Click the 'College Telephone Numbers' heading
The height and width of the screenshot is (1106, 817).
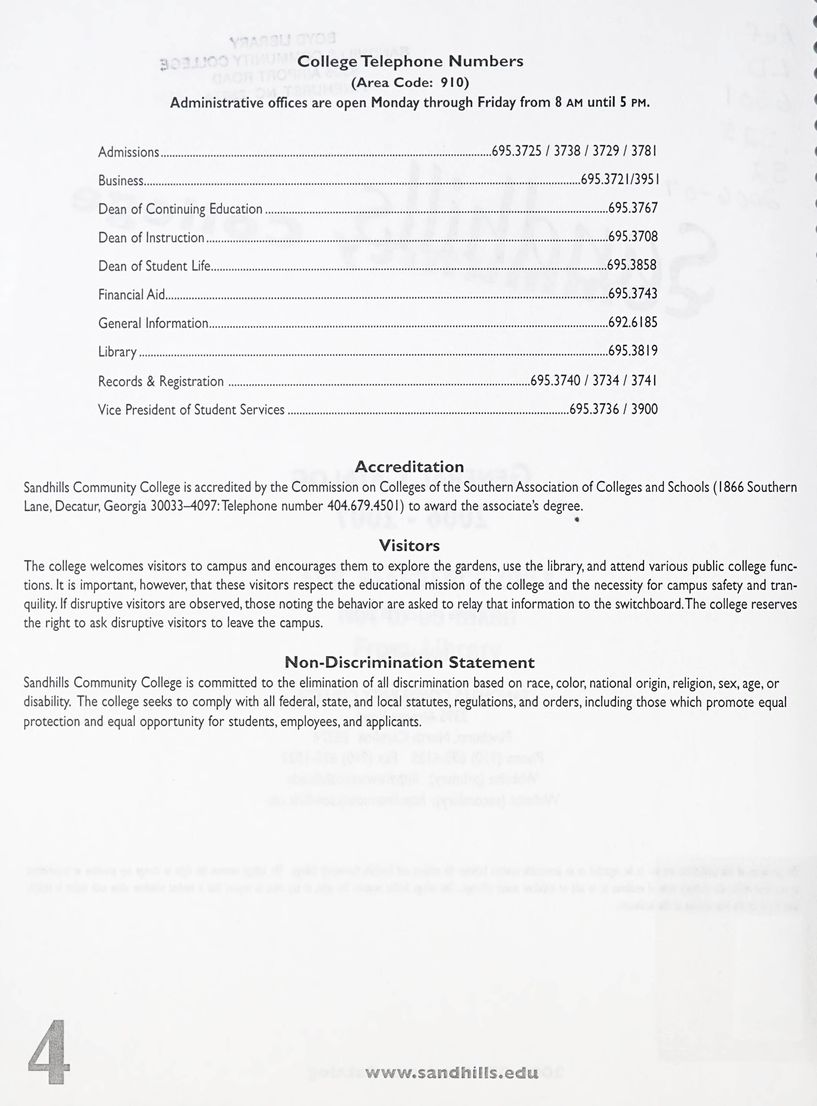point(410,61)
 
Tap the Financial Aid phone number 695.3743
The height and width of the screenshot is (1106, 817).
point(633,294)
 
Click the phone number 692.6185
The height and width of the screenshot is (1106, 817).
point(633,322)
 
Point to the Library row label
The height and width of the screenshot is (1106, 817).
point(117,352)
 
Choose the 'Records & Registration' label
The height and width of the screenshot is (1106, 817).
point(161,381)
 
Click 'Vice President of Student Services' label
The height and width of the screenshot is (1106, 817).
point(191,409)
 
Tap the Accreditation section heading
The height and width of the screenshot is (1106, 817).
point(409,466)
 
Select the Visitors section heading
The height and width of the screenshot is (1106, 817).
point(409,545)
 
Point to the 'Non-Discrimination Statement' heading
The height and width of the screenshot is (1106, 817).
point(409,662)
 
